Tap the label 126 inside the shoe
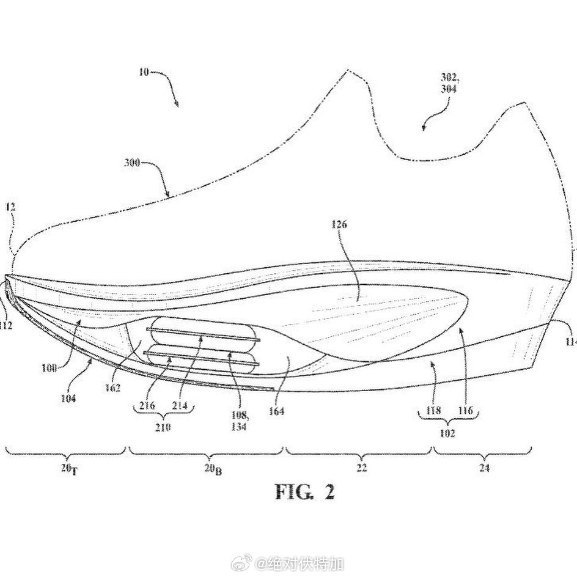point(340,224)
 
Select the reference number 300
point(131,164)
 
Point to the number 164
point(276,411)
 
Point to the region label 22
point(361,468)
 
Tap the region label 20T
point(68,469)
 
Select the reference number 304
point(447,89)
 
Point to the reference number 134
point(238,427)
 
